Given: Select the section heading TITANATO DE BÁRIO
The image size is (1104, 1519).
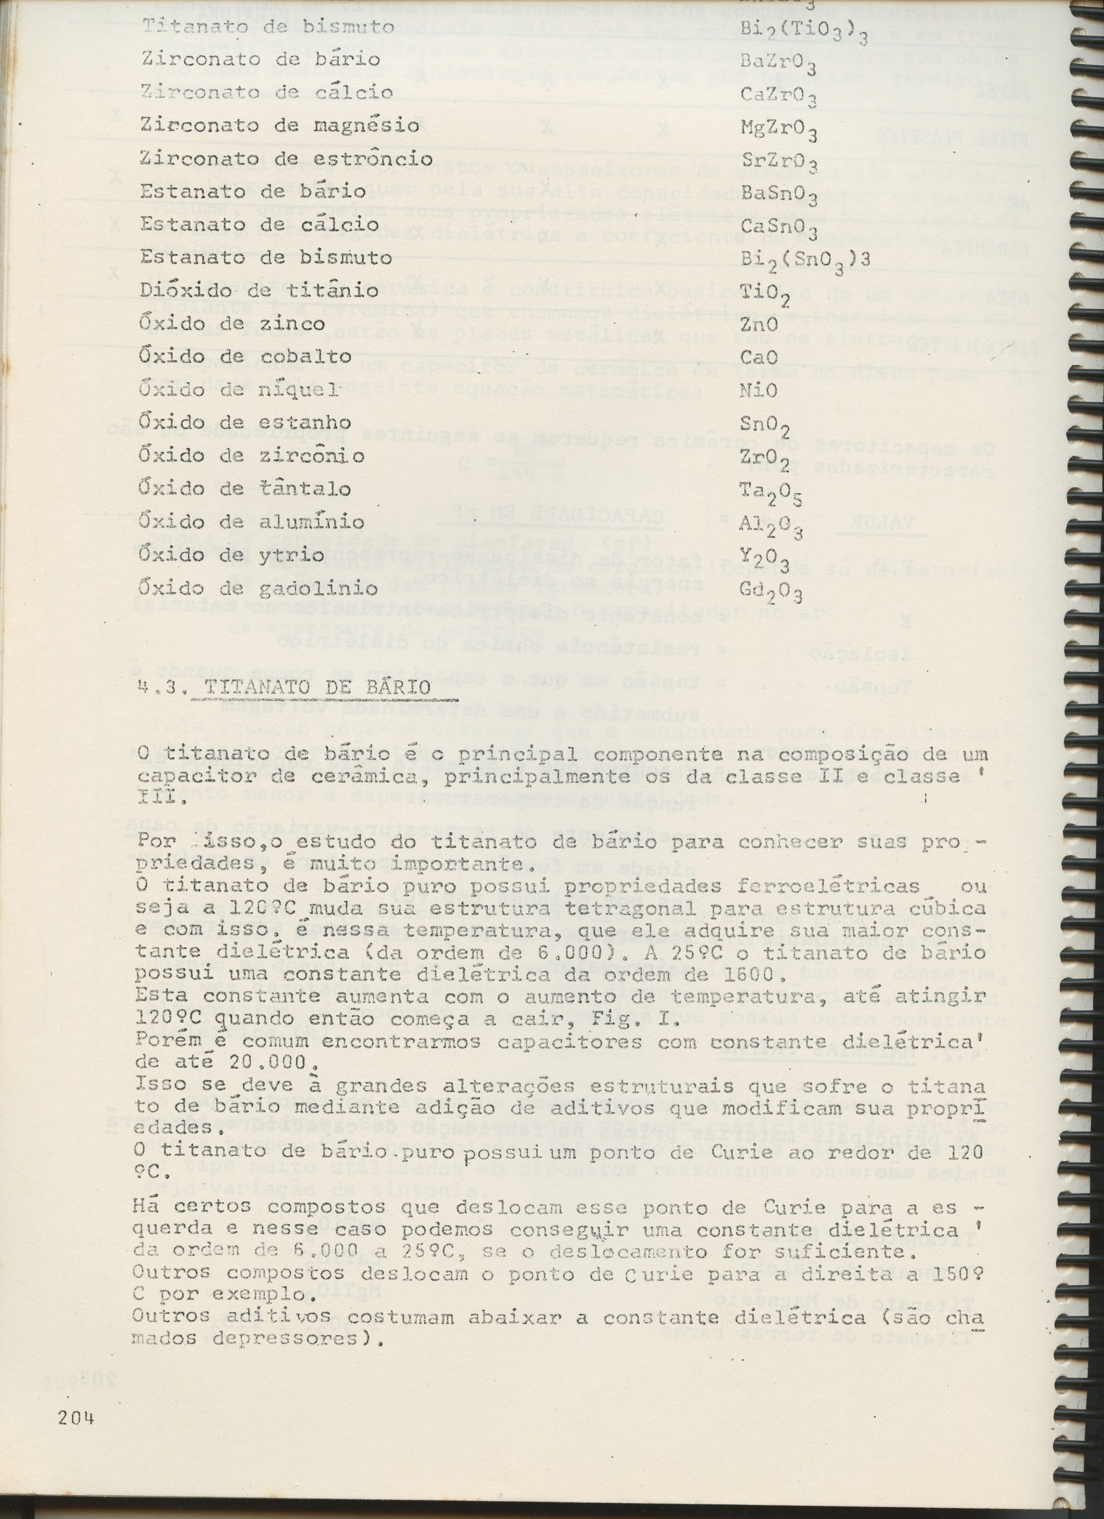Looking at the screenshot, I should pyautogui.click(x=318, y=687).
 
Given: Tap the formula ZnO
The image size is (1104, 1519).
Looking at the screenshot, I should pyautogui.click(x=759, y=324).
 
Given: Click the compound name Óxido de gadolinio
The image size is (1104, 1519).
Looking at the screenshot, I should pyautogui.click(x=259, y=589).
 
